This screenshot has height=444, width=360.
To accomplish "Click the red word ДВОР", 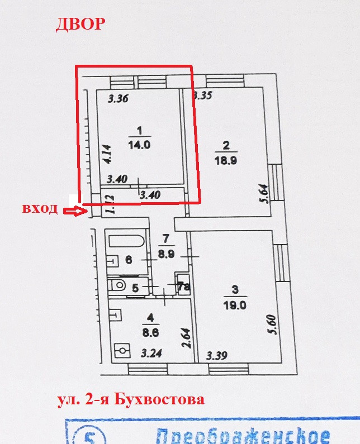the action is [x=79, y=25].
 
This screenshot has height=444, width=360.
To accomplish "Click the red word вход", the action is [x=40, y=209].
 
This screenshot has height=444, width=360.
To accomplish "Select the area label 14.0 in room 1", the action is [x=140, y=144].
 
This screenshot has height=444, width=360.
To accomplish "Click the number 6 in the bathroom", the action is [x=128, y=260].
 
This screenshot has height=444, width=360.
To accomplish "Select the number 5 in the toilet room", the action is [x=135, y=288].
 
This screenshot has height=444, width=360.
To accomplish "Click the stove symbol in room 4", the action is [x=122, y=351].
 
